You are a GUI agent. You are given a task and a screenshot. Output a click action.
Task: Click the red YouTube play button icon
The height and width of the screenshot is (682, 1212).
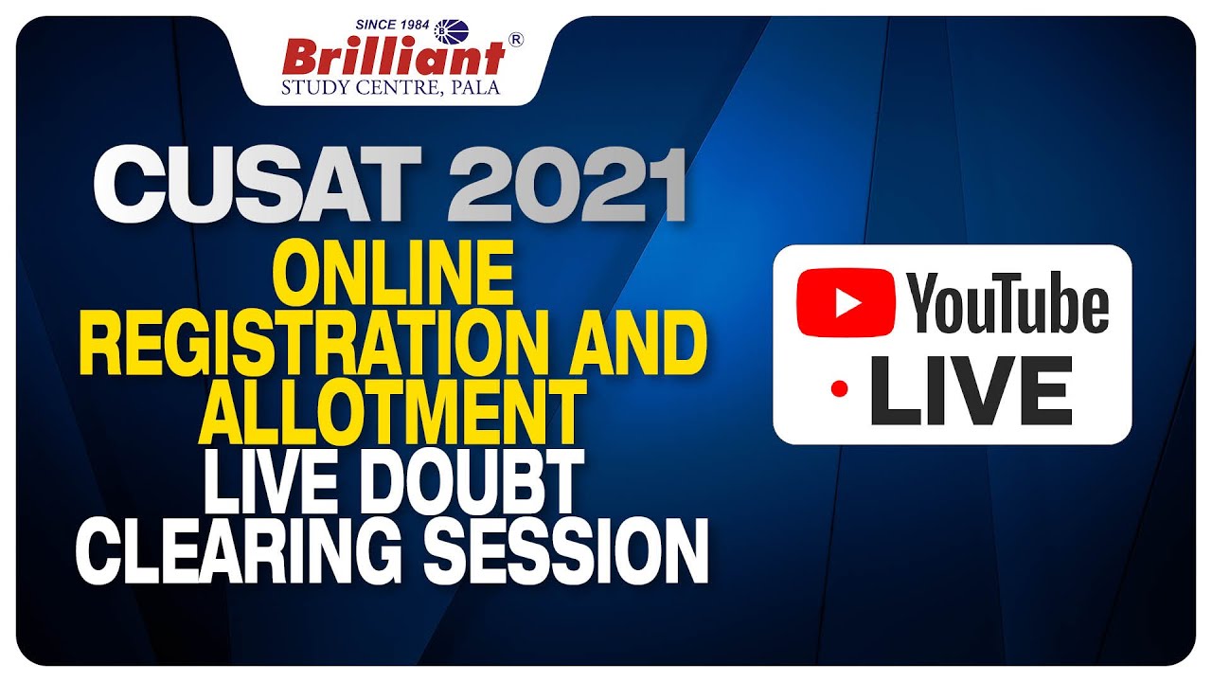[x=846, y=302]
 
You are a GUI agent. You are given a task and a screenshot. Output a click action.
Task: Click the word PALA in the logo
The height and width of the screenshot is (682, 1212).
[x=478, y=89]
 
